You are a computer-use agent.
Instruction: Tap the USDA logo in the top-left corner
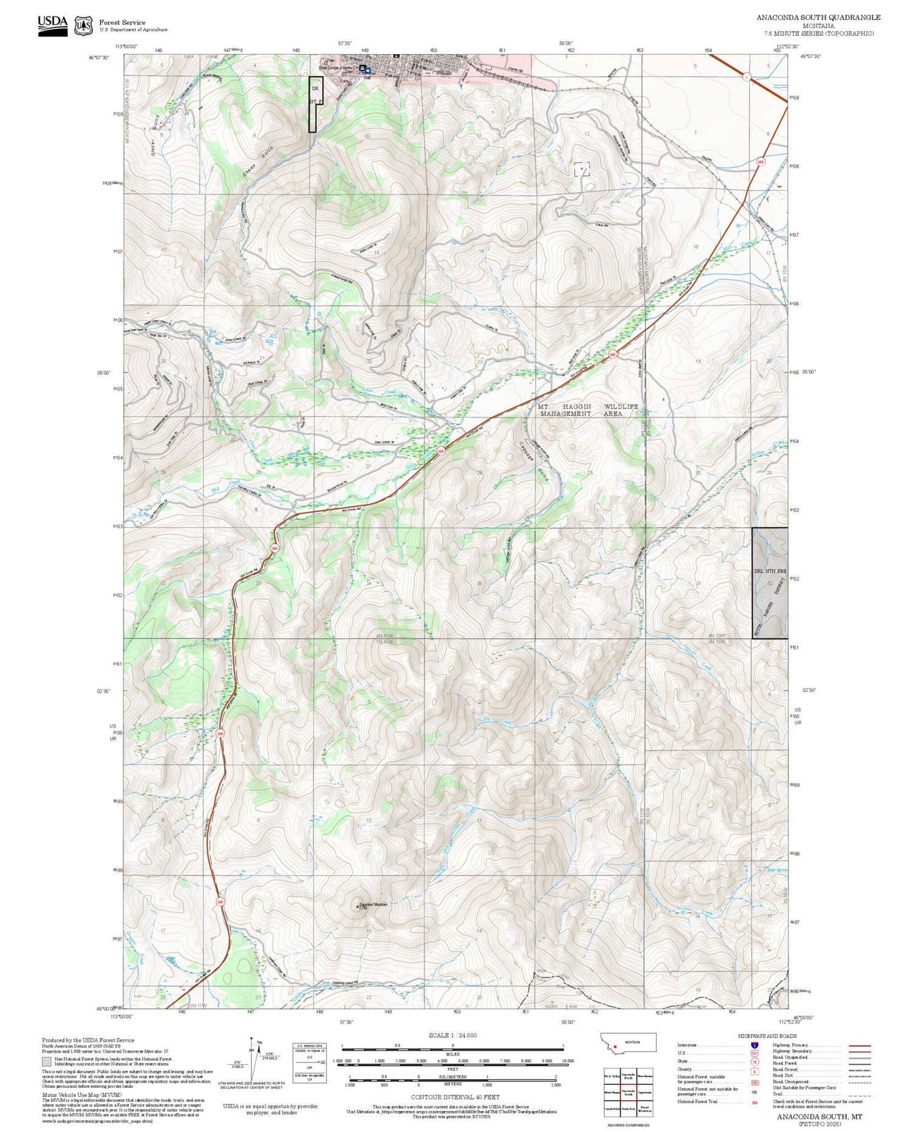coord(53,25)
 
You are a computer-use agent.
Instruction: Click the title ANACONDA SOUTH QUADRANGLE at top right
coord(818,18)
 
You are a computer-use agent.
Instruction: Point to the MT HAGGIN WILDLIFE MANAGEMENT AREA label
coord(589,410)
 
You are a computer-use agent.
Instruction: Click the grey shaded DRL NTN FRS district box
coord(769,583)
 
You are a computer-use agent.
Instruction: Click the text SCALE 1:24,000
coord(452,1035)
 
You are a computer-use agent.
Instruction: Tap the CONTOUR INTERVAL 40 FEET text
coord(455,1097)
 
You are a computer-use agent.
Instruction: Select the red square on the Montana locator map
coord(615,1047)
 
